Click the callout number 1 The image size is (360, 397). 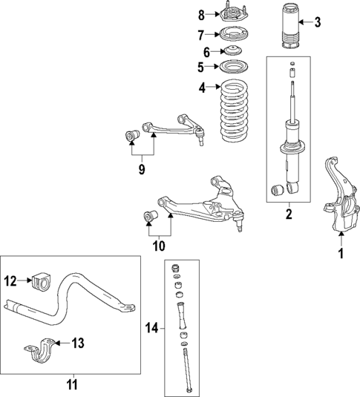click(x=341, y=255)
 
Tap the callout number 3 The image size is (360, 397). click(x=317, y=22)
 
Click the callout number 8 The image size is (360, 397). click(x=200, y=14)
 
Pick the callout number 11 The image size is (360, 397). click(x=71, y=385)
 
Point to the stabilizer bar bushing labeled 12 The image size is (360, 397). click(x=42, y=282)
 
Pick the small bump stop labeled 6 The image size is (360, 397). click(x=235, y=51)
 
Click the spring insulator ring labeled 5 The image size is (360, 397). click(x=235, y=68)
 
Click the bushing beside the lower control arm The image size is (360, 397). click(x=150, y=217)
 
